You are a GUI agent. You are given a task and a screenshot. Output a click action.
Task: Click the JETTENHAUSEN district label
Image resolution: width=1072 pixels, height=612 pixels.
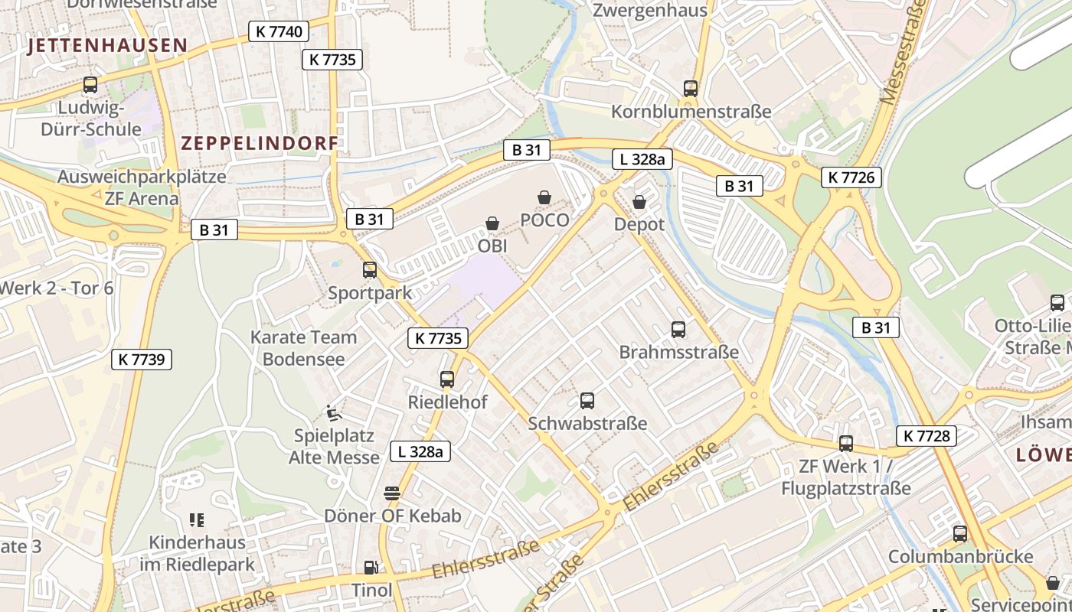(107, 46)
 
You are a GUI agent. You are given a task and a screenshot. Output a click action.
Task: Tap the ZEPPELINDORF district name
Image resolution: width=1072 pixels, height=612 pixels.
(260, 143)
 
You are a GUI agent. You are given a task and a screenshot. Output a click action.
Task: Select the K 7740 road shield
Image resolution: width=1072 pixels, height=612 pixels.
(279, 31)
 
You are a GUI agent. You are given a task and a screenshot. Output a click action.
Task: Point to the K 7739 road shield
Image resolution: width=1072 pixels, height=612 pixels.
(142, 360)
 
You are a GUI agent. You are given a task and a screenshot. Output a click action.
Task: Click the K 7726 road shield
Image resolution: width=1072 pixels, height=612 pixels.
(851, 178)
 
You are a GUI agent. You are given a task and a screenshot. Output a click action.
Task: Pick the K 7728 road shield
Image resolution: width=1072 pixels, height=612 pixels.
(926, 436)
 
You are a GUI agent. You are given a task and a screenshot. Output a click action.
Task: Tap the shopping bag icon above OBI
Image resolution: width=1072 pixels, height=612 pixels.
(492, 223)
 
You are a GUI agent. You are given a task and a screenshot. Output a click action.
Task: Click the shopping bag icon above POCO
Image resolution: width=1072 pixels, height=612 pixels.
(544, 198)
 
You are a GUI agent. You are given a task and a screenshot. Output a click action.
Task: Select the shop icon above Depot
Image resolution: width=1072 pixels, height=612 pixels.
(639, 202)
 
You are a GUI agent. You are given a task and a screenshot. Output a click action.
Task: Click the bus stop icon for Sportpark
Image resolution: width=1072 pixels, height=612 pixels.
(370, 270)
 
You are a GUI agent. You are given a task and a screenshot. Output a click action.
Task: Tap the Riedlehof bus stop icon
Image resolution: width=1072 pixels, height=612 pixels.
(447, 379)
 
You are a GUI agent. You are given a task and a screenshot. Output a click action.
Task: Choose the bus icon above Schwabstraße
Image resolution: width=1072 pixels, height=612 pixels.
(587, 400)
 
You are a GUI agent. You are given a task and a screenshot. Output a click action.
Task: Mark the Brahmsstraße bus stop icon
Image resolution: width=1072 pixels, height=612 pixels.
(678, 330)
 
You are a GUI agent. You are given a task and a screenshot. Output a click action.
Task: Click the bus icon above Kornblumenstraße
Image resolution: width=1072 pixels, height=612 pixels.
(691, 89)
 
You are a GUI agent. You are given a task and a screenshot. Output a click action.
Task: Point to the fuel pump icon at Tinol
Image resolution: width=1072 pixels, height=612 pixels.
(371, 568)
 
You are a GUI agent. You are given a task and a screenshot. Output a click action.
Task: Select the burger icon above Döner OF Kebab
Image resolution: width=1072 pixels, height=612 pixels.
(392, 493)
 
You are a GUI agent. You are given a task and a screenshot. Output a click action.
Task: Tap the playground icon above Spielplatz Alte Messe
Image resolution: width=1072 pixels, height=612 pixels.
(334, 413)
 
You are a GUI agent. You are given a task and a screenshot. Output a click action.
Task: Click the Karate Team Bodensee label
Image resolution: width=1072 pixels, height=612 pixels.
(304, 348)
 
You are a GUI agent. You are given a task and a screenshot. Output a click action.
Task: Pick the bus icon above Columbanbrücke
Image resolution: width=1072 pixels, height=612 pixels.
(960, 534)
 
